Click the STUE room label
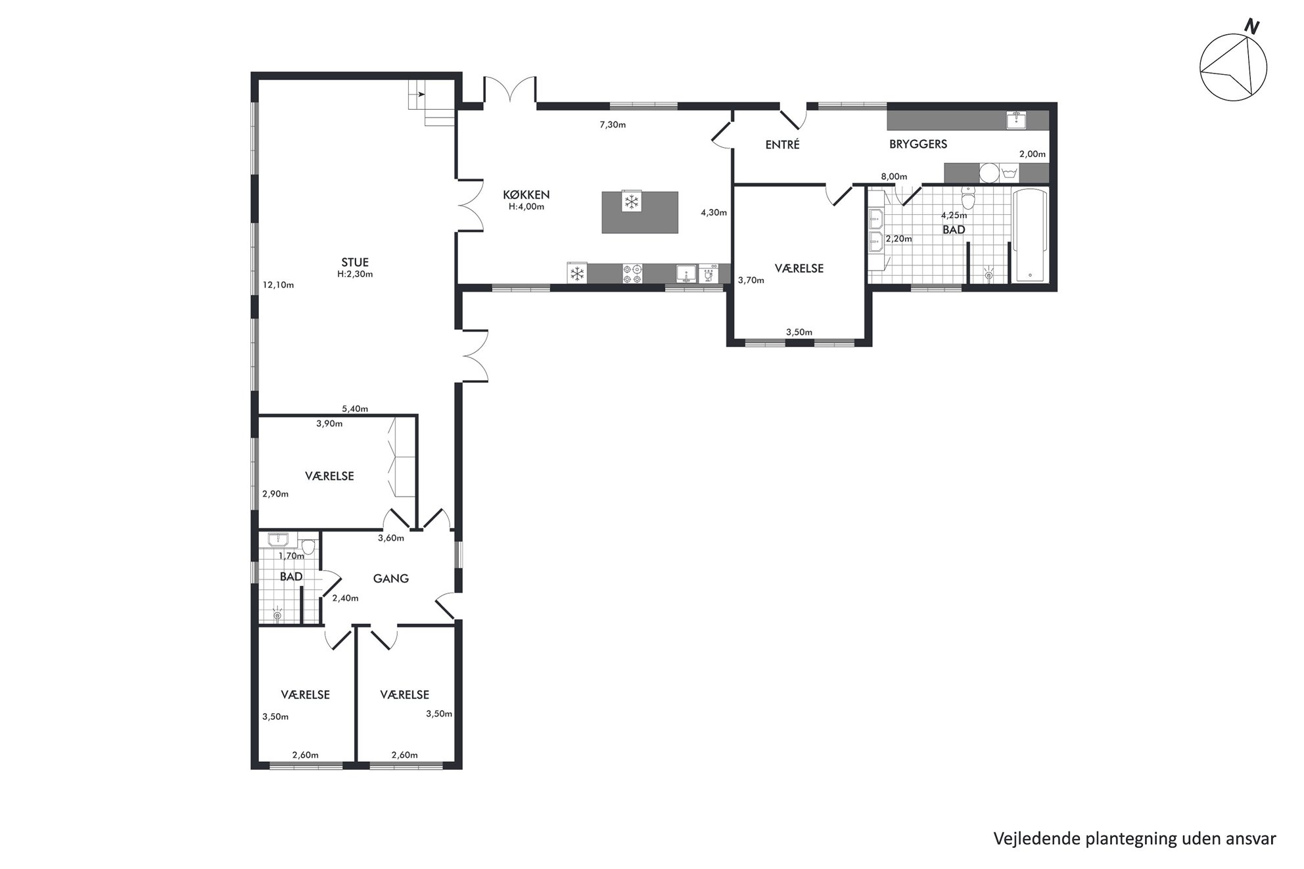(355, 263)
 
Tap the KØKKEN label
(526, 195)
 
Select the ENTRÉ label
(782, 145)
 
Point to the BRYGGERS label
(918, 144)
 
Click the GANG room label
(391, 579)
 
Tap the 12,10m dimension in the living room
(278, 285)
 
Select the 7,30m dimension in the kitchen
(613, 125)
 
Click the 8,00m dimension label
(894, 177)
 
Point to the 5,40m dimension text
(355, 409)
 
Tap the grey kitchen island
(640, 212)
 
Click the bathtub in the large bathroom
(1031, 236)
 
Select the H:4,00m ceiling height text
(526, 206)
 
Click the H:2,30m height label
(355, 274)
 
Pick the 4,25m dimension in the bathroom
(954, 215)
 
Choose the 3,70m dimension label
(751, 280)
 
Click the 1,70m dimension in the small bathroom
(291, 556)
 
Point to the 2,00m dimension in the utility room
(1032, 154)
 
